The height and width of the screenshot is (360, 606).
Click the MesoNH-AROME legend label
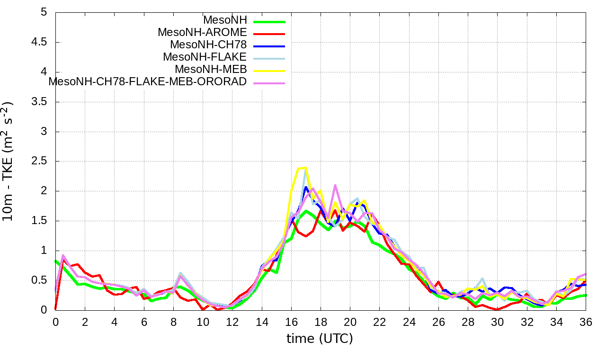tap(202, 33)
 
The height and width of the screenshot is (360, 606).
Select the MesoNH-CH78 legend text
tap(208, 45)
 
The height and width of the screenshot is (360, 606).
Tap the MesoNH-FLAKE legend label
tap(205, 57)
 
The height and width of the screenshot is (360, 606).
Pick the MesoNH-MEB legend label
tap(211, 70)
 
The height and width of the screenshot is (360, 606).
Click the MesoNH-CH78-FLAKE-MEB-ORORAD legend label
tap(148, 82)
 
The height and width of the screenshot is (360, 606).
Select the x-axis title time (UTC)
tap(320, 339)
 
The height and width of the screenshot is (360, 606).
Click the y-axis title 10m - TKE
tap(10, 161)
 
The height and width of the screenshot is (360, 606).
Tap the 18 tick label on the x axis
tap(321, 322)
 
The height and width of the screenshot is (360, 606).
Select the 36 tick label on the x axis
tap(586, 322)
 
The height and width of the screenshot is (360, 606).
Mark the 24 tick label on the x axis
tap(409, 322)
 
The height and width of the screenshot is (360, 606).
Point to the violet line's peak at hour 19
tap(335, 185)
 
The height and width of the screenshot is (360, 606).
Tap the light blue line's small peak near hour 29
tap(482, 279)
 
